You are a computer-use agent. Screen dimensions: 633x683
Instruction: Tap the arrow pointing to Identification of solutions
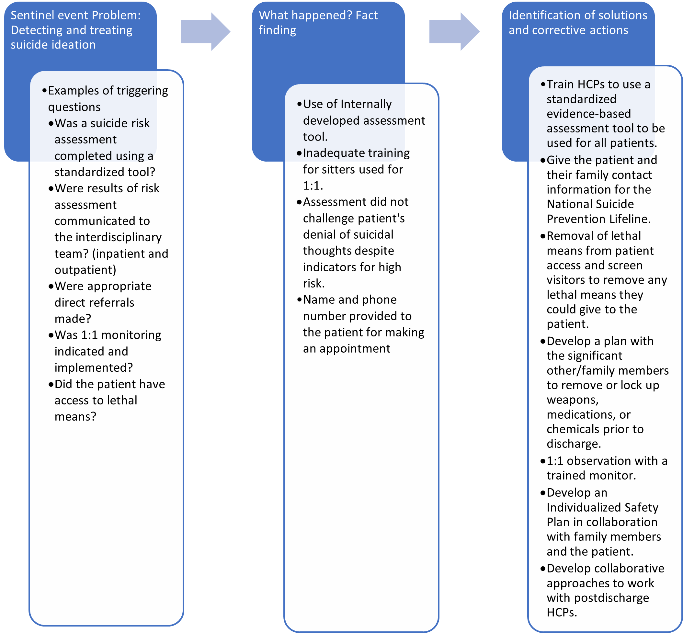[454, 32]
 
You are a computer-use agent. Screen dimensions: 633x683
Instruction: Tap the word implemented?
[94, 367]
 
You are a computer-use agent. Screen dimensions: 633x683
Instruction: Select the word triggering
[142, 91]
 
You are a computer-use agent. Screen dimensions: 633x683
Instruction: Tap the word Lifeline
[630, 219]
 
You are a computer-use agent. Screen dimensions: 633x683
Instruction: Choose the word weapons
[572, 400]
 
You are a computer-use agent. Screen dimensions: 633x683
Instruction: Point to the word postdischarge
[611, 598]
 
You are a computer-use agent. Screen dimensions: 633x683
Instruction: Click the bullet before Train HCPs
[542, 85]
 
